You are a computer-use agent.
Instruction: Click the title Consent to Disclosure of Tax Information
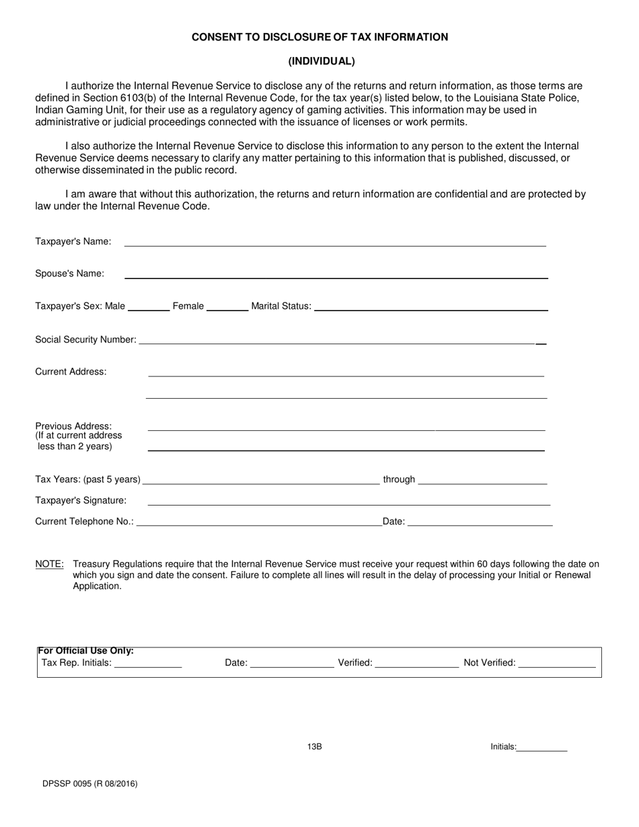pos(319,37)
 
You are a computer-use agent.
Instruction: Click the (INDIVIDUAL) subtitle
pos(321,61)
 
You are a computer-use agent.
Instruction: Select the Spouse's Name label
pos(69,274)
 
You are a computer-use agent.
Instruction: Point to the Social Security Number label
pos(85,340)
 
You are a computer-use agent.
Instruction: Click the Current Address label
pos(71,372)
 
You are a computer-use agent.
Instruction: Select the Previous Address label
pos(73,426)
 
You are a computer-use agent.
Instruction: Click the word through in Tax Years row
pos(399,479)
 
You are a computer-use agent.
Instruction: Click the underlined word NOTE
pos(49,564)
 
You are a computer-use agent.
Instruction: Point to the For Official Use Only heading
pos(85,651)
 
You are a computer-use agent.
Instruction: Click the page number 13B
pos(314,746)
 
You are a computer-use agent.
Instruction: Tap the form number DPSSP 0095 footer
pos(86,783)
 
